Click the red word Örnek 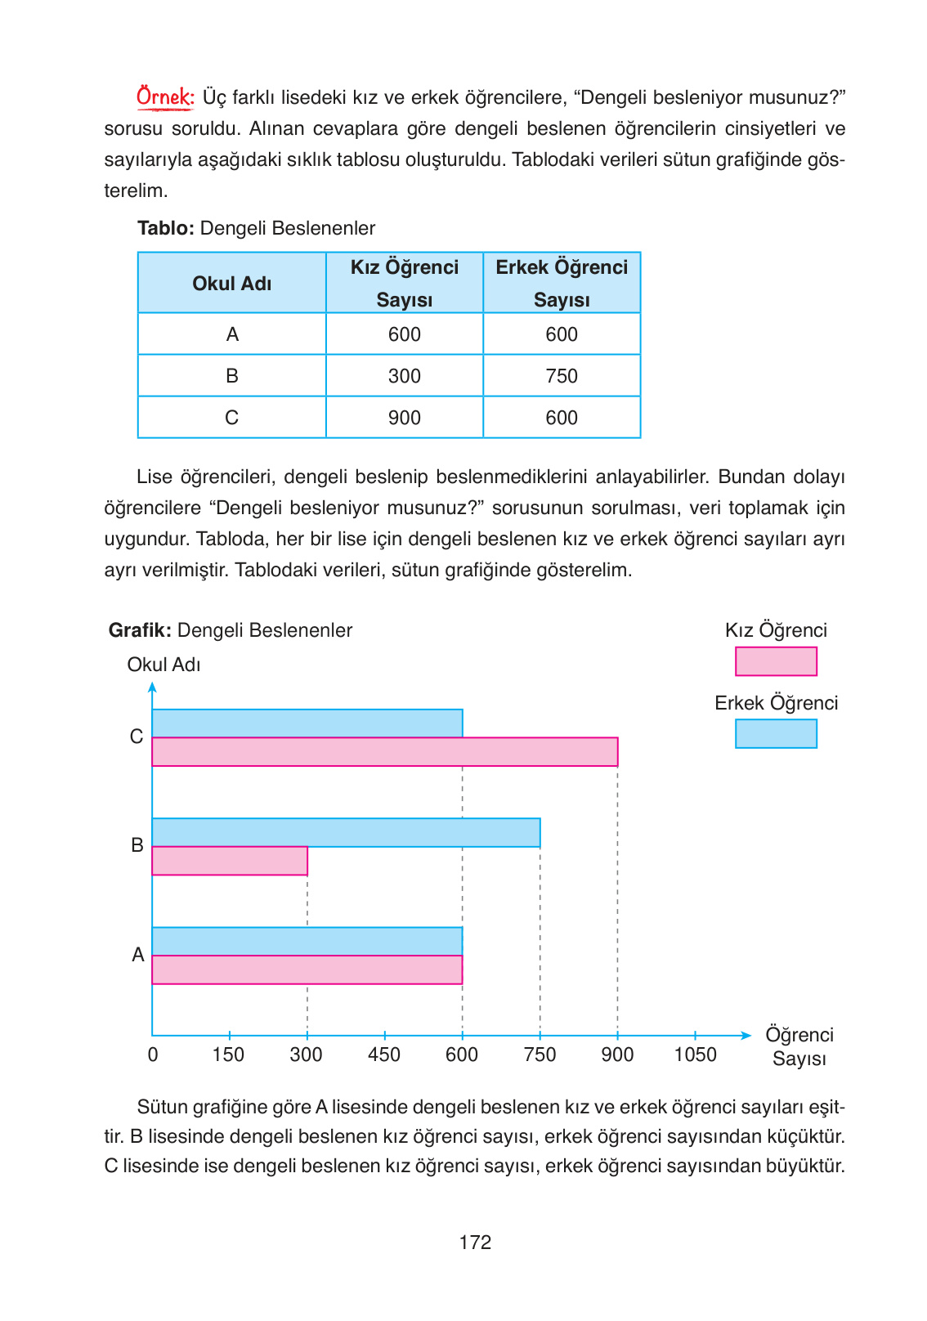[x=164, y=97]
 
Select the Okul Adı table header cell [x=231, y=284]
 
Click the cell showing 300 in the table [x=404, y=376]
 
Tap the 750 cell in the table [x=562, y=376]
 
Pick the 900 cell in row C [x=404, y=418]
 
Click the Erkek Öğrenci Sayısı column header [x=562, y=283]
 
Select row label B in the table [x=231, y=376]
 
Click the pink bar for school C [x=384, y=752]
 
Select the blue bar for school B [x=346, y=832]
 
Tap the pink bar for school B [x=230, y=861]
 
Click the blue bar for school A [x=307, y=941]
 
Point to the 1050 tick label [x=695, y=1055]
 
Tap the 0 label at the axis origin [x=153, y=1055]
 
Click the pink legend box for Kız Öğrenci [x=776, y=661]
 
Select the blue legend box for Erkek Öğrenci [x=776, y=733]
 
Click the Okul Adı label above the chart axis [x=163, y=665]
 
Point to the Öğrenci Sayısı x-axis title [x=799, y=1046]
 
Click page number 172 [x=475, y=1243]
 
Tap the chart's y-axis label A [x=138, y=955]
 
